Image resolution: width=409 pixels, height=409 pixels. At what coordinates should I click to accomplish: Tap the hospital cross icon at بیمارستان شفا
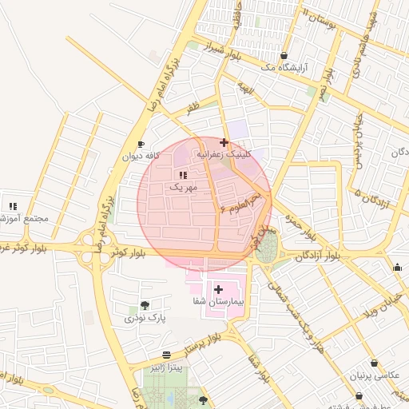pyautogui.click(x=218, y=288)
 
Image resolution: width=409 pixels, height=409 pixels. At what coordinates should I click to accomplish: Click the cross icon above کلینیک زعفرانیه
pyautogui.click(x=224, y=142)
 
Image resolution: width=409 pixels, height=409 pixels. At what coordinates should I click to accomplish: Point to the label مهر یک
pyautogui.click(x=182, y=186)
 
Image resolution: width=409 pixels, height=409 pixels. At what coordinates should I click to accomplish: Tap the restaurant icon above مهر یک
pyautogui.click(x=183, y=174)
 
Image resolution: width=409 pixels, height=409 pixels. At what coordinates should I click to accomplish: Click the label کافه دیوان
pyautogui.click(x=141, y=157)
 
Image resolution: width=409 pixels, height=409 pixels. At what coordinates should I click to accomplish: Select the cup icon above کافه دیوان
pyautogui.click(x=141, y=145)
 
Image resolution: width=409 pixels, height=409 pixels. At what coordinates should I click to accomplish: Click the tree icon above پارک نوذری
pyautogui.click(x=145, y=305)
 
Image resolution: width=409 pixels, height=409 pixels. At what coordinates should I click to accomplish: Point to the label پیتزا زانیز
pyautogui.click(x=166, y=367)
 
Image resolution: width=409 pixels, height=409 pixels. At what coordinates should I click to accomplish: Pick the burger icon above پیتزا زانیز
pyautogui.click(x=166, y=355)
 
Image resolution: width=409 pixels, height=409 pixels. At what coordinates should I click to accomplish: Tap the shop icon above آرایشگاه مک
pyautogui.click(x=284, y=56)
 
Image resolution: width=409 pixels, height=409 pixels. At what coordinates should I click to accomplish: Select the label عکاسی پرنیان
pyautogui.click(x=374, y=375)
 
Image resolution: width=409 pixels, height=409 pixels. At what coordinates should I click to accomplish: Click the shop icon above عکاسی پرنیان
pyautogui.click(x=374, y=363)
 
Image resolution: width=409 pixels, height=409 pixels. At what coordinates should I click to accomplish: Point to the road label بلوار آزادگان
pyautogui.click(x=317, y=256)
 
